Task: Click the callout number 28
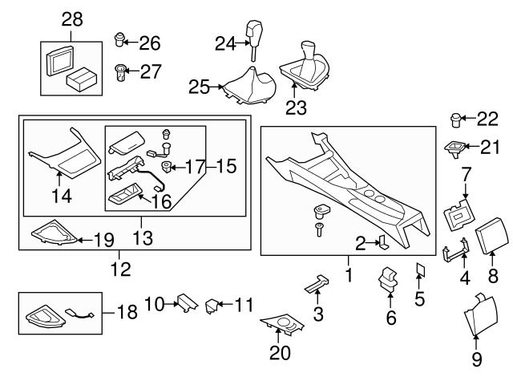click(x=72, y=19)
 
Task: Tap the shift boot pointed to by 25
click(x=248, y=87)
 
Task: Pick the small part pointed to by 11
click(x=212, y=306)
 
